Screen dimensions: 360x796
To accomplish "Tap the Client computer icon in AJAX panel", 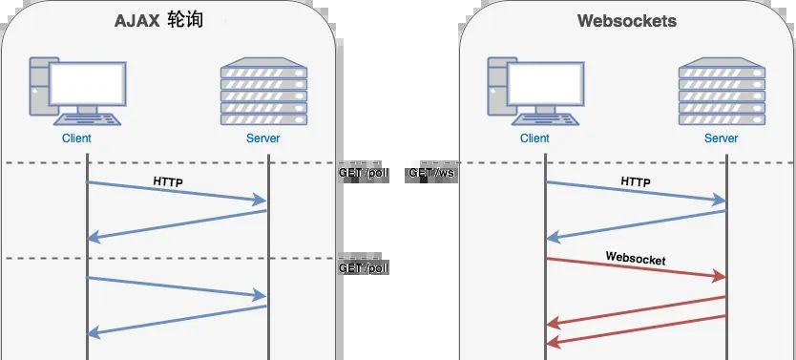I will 76,91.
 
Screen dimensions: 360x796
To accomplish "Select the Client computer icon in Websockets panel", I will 534,91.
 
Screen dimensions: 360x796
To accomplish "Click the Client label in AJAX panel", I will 76,139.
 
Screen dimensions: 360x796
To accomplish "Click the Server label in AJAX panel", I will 262,139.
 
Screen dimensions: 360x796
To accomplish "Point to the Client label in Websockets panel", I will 534,139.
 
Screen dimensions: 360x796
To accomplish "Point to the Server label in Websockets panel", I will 721,139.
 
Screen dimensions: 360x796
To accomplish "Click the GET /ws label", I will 430,175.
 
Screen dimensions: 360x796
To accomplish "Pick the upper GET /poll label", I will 364,175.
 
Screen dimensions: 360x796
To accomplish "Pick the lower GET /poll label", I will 364,268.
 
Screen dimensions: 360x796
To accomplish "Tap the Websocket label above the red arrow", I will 635,258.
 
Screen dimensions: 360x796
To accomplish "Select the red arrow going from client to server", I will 635,267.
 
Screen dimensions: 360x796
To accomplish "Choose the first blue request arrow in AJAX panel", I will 177,191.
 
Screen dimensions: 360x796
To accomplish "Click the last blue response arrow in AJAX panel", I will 177,319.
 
